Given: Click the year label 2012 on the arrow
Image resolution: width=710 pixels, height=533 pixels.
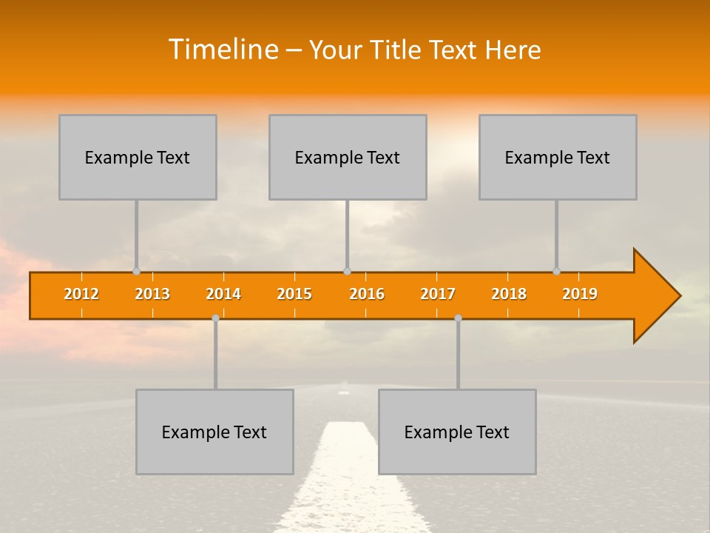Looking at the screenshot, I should pos(81,294).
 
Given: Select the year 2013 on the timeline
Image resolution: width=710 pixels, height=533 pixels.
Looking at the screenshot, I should pos(152,294).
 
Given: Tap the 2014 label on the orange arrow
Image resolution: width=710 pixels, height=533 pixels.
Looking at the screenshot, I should pos(223,294).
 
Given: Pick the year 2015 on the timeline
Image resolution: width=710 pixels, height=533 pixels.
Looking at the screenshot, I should pos(294,294).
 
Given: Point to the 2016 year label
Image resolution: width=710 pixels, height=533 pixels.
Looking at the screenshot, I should pos(367,294).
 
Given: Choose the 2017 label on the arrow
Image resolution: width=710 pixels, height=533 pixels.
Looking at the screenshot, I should pos(438,294).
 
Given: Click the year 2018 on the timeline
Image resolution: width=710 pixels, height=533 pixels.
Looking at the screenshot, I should pos(509,294).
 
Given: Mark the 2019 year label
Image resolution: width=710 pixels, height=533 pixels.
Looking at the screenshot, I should pos(580,294).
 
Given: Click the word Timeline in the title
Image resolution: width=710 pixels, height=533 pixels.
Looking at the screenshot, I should pos(223,50).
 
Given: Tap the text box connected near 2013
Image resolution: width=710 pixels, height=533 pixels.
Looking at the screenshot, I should pos(138,157).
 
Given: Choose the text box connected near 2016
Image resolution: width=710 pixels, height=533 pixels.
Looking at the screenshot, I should pos(348,157).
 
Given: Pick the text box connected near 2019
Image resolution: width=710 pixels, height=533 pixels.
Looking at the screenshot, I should pos(558,157).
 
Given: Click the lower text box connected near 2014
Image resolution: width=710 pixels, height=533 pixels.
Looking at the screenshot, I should pos(214,432).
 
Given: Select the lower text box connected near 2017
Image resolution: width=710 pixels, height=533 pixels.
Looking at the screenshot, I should pos(457,432).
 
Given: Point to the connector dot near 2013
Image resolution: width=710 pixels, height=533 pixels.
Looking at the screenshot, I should pos(136,271).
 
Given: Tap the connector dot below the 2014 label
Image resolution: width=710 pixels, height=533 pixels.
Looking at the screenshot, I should pos(215,318).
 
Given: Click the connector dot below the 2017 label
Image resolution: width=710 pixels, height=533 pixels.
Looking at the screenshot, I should pos(458,318).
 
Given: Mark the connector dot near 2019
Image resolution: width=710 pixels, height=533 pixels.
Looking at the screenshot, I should pos(556,271).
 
